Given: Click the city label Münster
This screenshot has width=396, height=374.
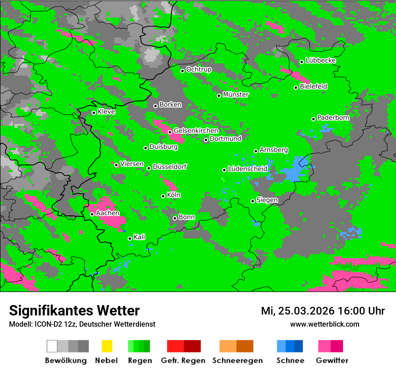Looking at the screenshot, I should pyautogui.click(x=236, y=95).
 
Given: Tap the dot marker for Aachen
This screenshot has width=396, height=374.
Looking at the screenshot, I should pyautogui.click(x=92, y=214).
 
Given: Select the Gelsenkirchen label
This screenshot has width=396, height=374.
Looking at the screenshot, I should pyautogui.click(x=196, y=131).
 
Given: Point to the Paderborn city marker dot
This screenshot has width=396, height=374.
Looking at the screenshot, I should pyautogui.click(x=313, y=119).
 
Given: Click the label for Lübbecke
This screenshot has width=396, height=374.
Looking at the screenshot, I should pyautogui.click(x=320, y=60).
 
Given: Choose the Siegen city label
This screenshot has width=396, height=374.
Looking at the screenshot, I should pyautogui.click(x=267, y=200).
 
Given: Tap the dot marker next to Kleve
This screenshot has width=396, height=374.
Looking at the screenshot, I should pyautogui.click(x=94, y=113).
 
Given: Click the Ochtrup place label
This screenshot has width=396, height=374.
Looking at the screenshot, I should pyautogui.click(x=198, y=69).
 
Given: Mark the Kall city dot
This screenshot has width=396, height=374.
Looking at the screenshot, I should pyautogui.click(x=130, y=238).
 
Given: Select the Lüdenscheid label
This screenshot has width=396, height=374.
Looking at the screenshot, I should pyautogui.click(x=247, y=169).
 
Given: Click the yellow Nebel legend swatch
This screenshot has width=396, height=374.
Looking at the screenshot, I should pyautogui.click(x=107, y=346).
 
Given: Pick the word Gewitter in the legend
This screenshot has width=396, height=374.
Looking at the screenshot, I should pyautogui.click(x=332, y=360).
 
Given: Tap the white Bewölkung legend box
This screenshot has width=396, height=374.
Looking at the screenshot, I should pyautogui.click(x=52, y=346).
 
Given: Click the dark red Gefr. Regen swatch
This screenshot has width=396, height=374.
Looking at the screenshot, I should pyautogui.click(x=192, y=346).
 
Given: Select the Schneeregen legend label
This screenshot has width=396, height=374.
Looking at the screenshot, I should pyautogui.click(x=236, y=360).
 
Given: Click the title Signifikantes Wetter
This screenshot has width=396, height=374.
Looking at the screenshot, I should pyautogui.click(x=74, y=310).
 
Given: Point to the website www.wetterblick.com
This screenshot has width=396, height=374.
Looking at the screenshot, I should pyautogui.click(x=324, y=324).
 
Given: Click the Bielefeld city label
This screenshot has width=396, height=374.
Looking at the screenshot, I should pyautogui.click(x=313, y=86).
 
